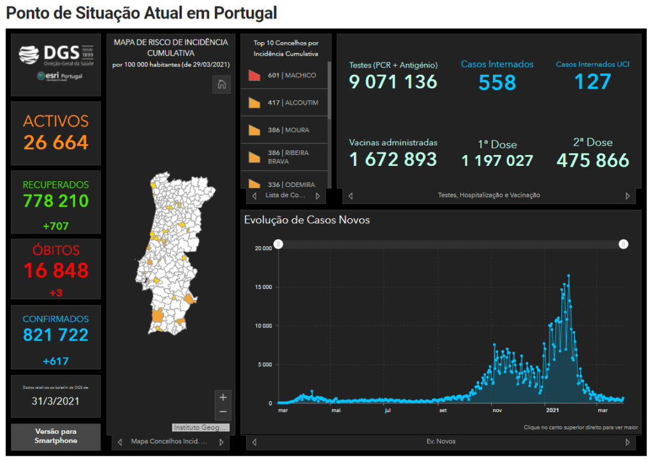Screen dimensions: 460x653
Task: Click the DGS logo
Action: coord(55,56)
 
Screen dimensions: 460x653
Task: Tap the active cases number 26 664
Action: coord(56,142)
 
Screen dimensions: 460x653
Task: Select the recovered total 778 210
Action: coord(56,201)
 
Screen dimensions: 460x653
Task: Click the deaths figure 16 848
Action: coord(56,271)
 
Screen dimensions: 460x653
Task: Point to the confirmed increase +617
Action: coord(56,361)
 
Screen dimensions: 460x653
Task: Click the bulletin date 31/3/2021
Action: coord(56,401)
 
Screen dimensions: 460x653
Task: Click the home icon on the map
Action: coord(221,85)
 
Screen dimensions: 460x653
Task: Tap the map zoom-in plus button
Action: coord(223,397)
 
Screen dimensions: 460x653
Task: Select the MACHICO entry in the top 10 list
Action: coord(291,75)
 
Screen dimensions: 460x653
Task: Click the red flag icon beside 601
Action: coord(254,76)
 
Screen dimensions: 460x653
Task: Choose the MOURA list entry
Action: coord(288,130)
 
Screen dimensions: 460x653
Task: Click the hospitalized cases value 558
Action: coord(497,82)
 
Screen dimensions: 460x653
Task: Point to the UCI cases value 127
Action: coord(592,82)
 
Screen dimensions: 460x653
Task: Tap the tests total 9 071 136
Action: coord(393,82)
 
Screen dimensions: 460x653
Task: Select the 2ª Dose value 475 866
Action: coord(592,160)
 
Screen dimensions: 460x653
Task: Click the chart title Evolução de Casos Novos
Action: coord(307,220)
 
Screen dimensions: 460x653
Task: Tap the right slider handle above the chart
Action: coord(624,244)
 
